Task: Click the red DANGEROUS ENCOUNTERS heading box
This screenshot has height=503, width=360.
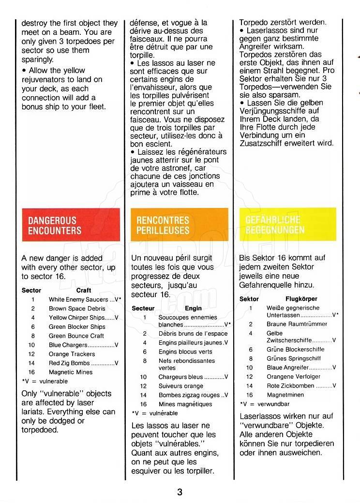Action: (x=71, y=224)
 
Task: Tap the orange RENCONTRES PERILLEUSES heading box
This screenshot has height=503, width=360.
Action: (x=179, y=224)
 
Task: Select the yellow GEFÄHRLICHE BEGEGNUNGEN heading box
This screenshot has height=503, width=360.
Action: (x=287, y=224)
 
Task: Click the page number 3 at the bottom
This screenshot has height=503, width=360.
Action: (x=180, y=492)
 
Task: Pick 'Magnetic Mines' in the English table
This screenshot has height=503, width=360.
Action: (x=71, y=372)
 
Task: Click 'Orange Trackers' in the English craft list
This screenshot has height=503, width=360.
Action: (x=72, y=354)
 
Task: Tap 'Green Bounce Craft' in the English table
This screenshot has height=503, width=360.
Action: (x=76, y=336)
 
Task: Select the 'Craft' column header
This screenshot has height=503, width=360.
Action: (x=84, y=290)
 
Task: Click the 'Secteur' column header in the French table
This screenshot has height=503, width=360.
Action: (x=143, y=308)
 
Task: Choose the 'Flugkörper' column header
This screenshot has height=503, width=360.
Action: (x=301, y=299)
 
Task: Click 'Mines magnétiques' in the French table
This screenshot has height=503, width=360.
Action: (x=185, y=404)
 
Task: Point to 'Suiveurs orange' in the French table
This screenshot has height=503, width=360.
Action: (x=181, y=386)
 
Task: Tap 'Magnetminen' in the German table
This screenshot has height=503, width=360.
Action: (x=286, y=395)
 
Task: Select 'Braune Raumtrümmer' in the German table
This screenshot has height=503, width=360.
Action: (x=297, y=324)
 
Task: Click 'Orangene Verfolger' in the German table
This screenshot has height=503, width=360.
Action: (x=294, y=376)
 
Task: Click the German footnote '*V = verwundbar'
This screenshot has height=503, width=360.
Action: (x=265, y=404)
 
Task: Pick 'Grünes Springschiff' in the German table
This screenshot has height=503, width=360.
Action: (x=293, y=358)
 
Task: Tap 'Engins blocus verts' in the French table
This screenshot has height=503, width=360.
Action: (x=185, y=352)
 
